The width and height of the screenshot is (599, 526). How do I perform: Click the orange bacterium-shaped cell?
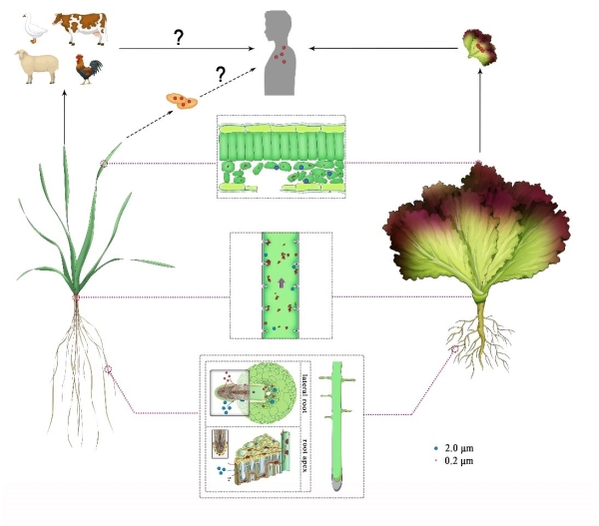click(x=181, y=99)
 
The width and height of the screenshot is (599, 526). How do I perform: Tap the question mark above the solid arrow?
click(x=180, y=37)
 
